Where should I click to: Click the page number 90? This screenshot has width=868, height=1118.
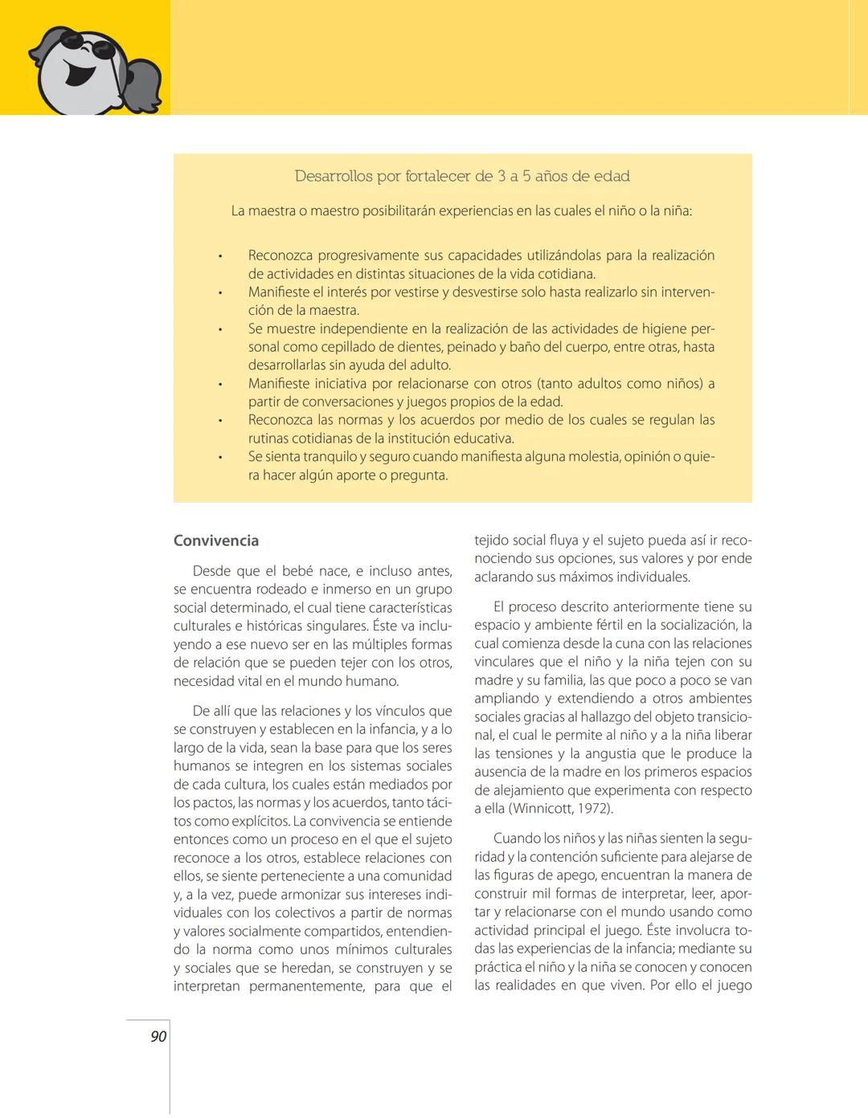(x=158, y=1037)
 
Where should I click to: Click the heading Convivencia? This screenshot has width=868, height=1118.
(x=216, y=541)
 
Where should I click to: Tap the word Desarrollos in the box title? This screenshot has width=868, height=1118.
(x=334, y=176)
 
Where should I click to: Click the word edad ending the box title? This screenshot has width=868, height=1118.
(x=611, y=176)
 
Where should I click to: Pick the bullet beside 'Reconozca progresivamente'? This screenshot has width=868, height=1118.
(x=219, y=256)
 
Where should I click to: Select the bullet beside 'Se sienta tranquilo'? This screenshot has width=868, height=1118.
(x=219, y=457)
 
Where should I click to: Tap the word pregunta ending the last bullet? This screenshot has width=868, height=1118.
(x=417, y=475)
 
